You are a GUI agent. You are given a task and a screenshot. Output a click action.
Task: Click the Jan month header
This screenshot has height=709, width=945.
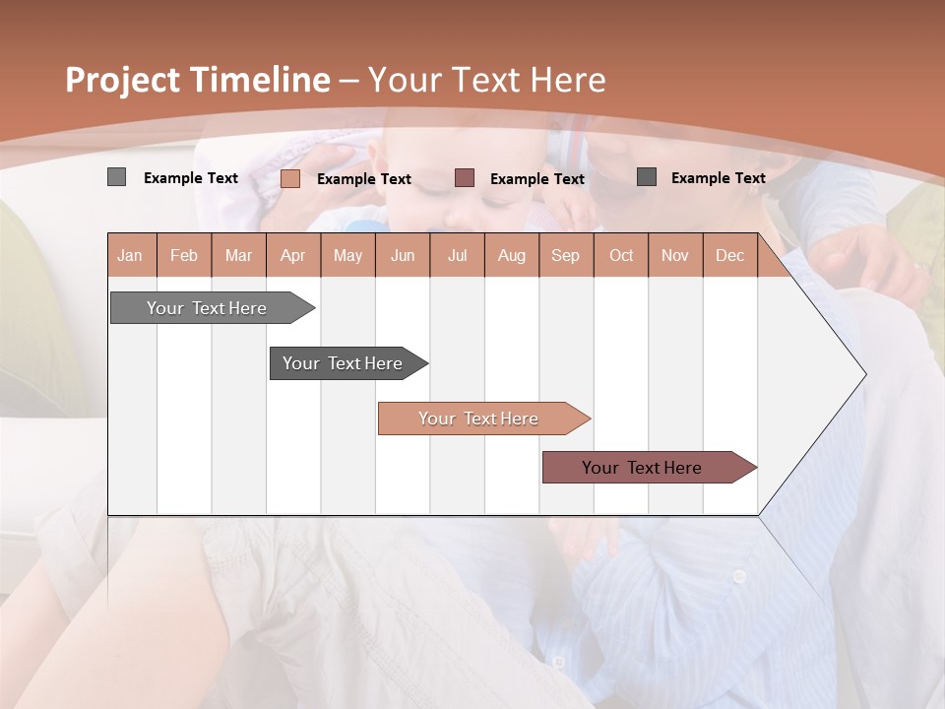130,256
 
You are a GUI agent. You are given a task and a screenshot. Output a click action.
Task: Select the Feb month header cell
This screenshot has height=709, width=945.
184,256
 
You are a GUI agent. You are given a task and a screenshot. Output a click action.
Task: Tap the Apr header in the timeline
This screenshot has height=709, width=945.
292,256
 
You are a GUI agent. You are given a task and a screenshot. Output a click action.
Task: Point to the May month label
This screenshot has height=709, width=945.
347,256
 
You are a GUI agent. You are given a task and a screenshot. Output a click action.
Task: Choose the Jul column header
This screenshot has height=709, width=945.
457,256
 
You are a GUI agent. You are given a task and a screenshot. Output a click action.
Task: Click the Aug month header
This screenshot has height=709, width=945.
511,256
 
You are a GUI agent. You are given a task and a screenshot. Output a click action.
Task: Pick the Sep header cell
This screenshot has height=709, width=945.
565,256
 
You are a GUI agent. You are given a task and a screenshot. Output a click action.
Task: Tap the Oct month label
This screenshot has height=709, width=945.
621,256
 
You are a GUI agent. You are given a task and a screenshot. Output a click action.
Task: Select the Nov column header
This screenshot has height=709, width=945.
675,256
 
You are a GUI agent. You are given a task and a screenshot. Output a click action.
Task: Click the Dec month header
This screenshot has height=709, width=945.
729,256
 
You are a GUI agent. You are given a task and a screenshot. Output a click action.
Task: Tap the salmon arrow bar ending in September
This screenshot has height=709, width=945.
479,419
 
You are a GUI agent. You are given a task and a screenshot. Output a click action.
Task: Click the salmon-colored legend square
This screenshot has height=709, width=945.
290,178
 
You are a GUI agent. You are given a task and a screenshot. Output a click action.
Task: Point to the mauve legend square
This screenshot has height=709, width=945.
465,178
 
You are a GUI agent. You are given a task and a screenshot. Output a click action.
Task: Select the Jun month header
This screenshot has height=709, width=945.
403,256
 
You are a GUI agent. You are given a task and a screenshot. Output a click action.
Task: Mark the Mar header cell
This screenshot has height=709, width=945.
238,256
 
